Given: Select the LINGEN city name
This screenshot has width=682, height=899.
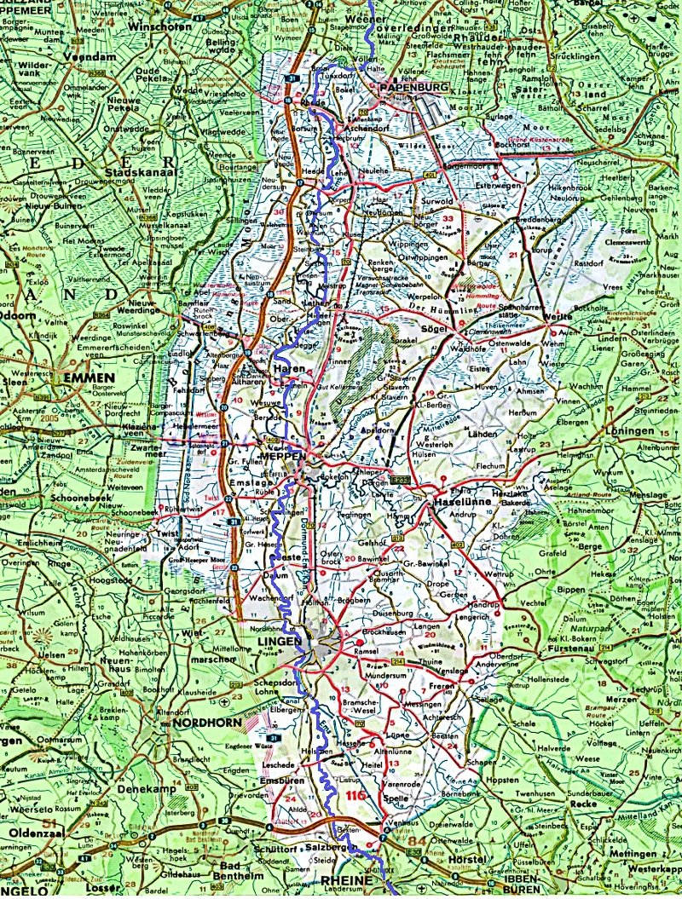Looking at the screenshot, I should click(280, 641).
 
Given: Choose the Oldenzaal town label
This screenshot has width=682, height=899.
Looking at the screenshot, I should click(34, 832).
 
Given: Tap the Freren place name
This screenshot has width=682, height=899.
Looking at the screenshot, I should click(441, 684).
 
